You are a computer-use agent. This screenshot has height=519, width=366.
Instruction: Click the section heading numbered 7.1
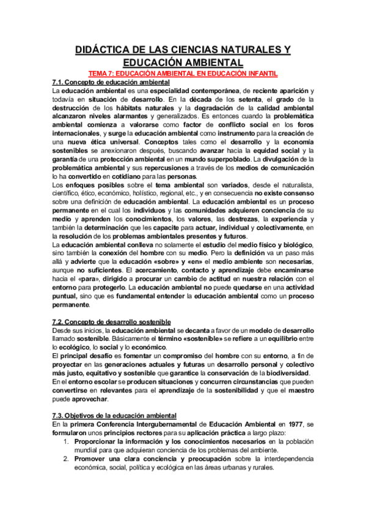(111, 82)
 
